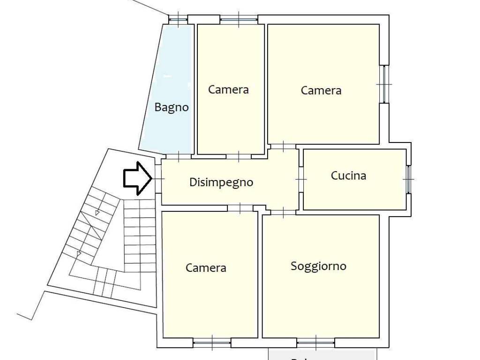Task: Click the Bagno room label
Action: tap(172, 107)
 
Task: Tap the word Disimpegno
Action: tap(221, 182)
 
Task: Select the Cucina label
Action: tap(348, 176)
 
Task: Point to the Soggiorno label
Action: tap(319, 266)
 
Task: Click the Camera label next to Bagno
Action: tap(228, 89)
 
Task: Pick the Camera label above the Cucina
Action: tap(321, 90)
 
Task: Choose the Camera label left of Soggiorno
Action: tap(206, 268)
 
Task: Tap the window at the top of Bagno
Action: tap(178, 19)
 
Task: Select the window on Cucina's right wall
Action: tap(408, 180)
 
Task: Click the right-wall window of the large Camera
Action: tap(384, 84)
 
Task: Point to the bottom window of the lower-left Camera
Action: tap(211, 342)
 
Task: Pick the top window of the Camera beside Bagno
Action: tap(239, 19)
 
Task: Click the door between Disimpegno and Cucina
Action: tap(301, 180)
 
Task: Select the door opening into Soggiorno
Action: tap(283, 212)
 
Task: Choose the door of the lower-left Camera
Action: tap(240, 208)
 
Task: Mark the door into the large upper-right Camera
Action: tap(283, 146)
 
